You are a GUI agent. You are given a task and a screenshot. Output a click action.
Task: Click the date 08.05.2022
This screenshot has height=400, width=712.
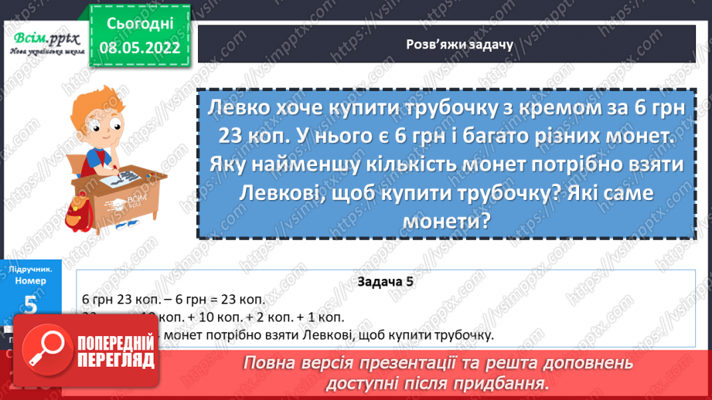140,47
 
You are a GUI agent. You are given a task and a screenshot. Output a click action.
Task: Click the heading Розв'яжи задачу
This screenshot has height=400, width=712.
449,44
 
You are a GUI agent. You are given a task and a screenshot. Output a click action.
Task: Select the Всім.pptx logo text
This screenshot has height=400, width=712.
40,38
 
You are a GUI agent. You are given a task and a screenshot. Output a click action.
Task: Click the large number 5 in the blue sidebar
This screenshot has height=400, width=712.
31,304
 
